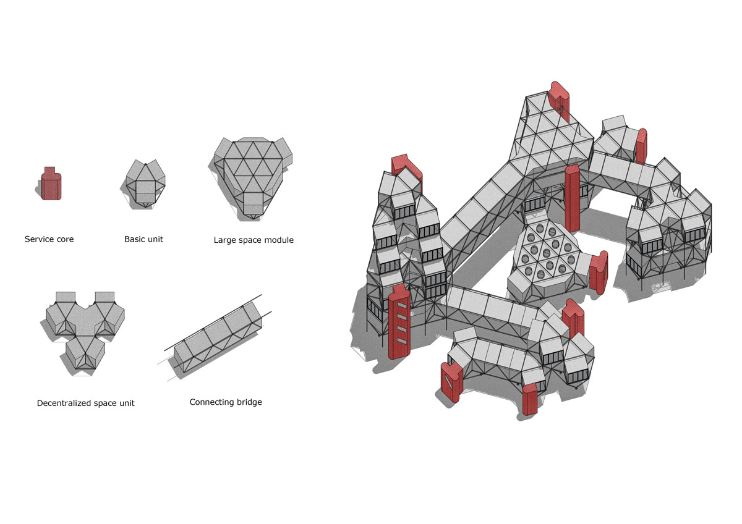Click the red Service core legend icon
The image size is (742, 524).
[x=51, y=184]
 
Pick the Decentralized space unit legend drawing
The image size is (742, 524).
[x=85, y=332]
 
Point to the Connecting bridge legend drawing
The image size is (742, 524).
[x=218, y=337]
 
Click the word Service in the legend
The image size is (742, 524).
[x=38, y=239]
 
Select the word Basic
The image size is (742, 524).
[x=134, y=239]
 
